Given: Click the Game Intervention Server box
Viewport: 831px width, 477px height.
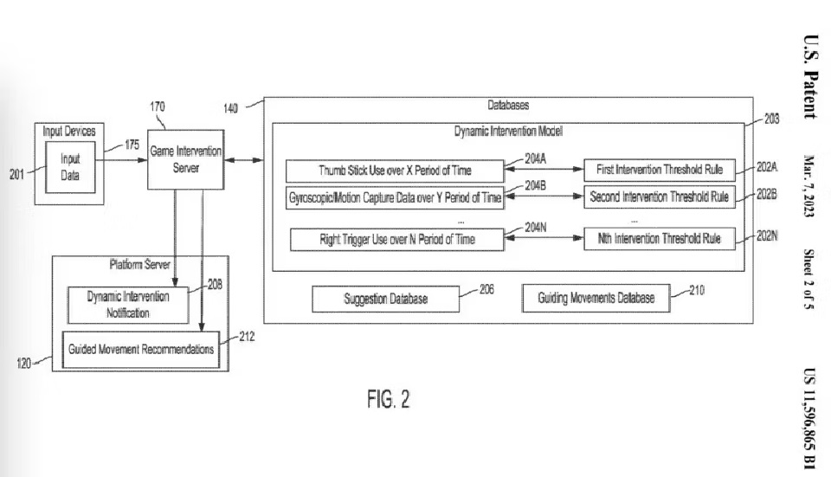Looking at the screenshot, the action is (x=185, y=159).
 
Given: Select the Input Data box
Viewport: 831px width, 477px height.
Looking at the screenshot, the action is (x=70, y=167).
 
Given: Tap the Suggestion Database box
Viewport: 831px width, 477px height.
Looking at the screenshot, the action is (x=385, y=299).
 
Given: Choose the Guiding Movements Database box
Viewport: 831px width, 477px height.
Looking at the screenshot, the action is (x=596, y=298).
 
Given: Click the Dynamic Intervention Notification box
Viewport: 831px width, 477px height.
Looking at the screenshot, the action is (x=128, y=306).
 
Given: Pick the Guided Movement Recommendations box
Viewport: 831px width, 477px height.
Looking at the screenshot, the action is (x=141, y=349).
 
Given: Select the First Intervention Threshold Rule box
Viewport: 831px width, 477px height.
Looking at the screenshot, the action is (x=660, y=170).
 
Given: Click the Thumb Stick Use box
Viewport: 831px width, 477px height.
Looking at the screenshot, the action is (x=395, y=171).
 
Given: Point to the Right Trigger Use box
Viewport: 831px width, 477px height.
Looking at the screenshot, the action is (x=397, y=240).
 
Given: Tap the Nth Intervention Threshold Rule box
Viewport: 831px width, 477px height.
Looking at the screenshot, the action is (x=660, y=239).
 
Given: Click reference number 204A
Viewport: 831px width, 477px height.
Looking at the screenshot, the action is (x=535, y=158).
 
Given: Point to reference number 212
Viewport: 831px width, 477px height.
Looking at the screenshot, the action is (x=247, y=337).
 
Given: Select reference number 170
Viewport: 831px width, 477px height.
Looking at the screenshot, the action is (x=158, y=107).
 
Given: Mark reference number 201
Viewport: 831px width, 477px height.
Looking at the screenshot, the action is (x=17, y=174).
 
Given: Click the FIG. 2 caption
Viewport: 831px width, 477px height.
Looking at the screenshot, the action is (x=389, y=399).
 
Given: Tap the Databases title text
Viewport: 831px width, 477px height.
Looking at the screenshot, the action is (x=508, y=105).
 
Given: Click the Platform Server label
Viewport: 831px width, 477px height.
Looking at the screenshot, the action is (x=140, y=264).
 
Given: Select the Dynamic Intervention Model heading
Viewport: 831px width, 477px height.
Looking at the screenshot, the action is (x=508, y=131).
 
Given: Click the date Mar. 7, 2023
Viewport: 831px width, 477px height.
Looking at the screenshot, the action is (x=809, y=186).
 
